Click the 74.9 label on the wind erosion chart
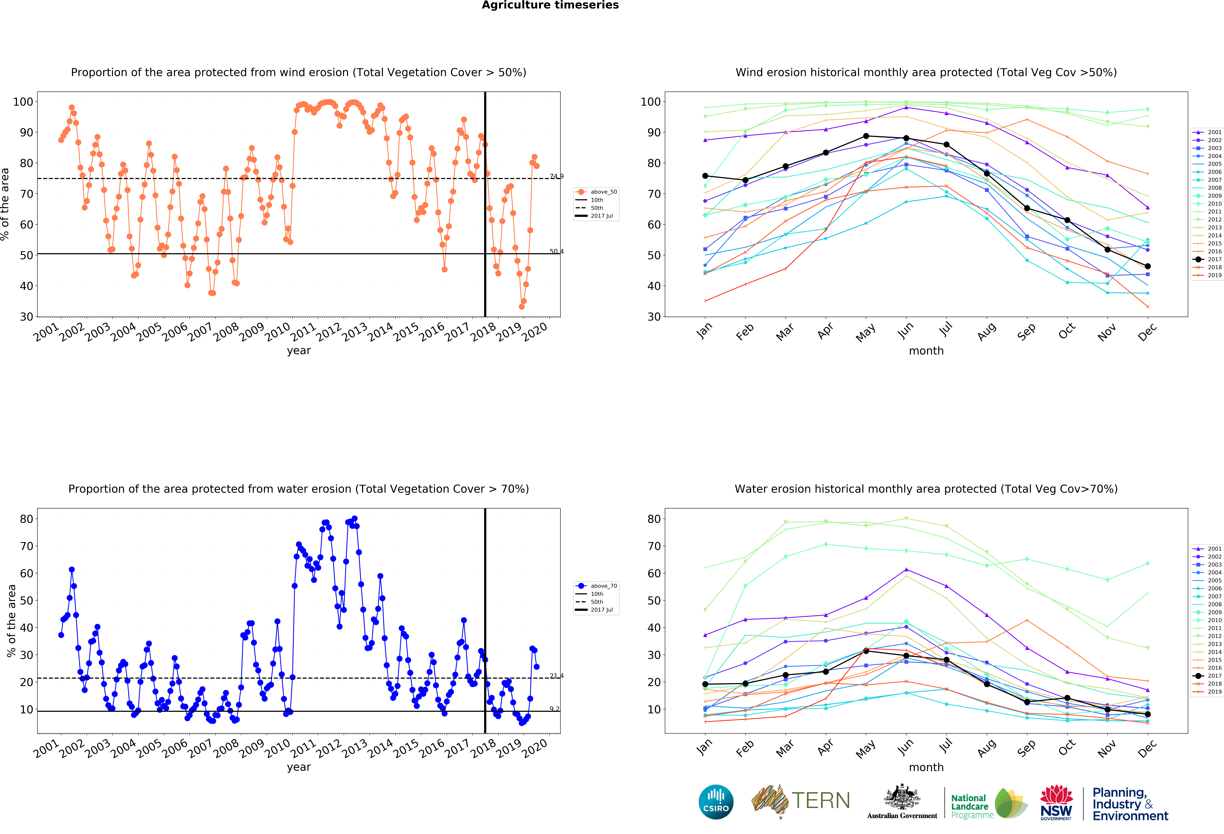click(556, 176)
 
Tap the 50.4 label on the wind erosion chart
click(556, 252)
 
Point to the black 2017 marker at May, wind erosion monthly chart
click(866, 136)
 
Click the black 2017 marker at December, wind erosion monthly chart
click(1148, 266)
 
